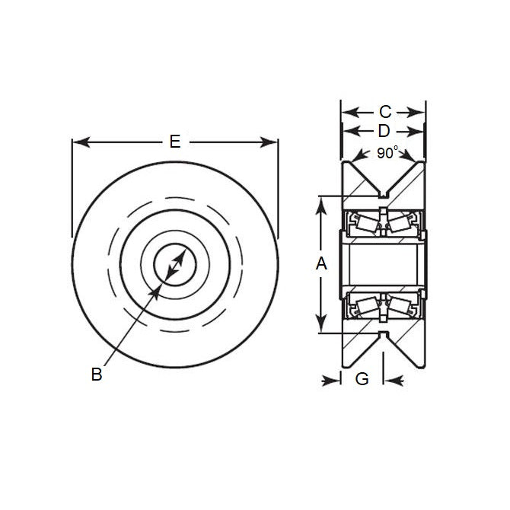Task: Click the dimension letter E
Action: tap(175, 142)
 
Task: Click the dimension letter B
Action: tap(97, 374)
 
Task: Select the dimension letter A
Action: tap(321, 264)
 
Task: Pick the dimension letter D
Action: tap(384, 131)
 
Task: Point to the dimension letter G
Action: tap(362, 378)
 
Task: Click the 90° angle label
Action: tap(387, 153)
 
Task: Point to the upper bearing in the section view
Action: tap(383, 223)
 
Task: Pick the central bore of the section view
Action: tap(383, 264)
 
